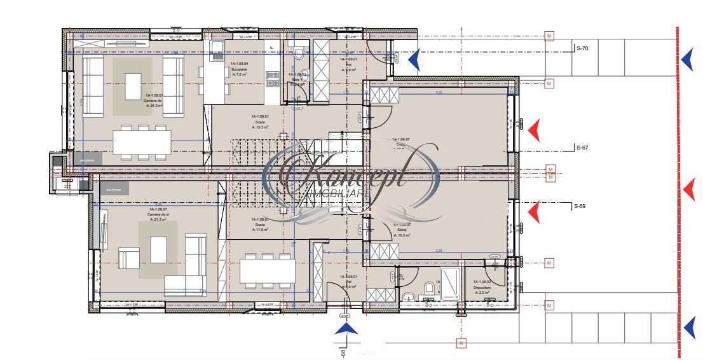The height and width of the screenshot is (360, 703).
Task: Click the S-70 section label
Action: (582, 48)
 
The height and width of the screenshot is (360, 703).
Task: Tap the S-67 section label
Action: (582, 148)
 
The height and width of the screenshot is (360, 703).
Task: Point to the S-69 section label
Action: (579, 206)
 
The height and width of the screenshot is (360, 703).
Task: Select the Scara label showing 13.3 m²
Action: (260, 121)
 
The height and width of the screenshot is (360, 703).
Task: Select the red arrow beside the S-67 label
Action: (535, 130)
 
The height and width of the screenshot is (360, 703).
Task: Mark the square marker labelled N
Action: (461, 344)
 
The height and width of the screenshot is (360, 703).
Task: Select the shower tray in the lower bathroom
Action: (450, 284)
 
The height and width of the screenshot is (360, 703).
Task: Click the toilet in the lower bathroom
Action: (430, 289)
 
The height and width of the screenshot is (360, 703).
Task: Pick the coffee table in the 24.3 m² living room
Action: (133, 86)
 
